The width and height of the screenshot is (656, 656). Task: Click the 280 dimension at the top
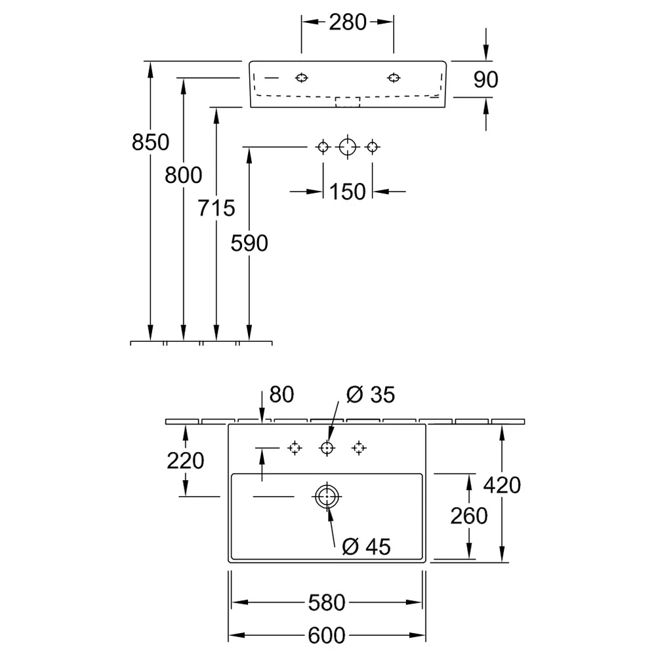click(347, 22)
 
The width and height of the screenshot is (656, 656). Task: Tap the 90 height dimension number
click(485, 79)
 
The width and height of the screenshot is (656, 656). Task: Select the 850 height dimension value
click(150, 142)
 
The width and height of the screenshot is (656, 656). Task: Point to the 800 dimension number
click(183, 175)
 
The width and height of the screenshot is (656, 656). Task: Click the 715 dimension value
click(216, 208)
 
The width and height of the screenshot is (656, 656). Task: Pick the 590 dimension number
click(249, 243)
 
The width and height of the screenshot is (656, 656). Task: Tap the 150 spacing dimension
click(347, 192)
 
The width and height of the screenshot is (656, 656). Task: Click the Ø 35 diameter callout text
click(370, 394)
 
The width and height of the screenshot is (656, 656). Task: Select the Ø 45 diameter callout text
click(366, 547)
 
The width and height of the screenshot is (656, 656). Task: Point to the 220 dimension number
click(186, 461)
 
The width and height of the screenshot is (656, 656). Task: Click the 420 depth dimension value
click(502, 485)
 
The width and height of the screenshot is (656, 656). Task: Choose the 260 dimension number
click(468, 516)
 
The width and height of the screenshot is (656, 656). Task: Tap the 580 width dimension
click(326, 603)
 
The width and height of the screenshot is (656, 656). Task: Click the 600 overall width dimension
click(326, 636)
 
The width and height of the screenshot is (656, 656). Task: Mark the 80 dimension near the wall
click(281, 394)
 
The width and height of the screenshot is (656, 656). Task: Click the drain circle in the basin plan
click(327, 485)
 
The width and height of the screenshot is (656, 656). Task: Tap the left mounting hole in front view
click(302, 78)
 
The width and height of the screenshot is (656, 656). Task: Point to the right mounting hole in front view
click(394, 78)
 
